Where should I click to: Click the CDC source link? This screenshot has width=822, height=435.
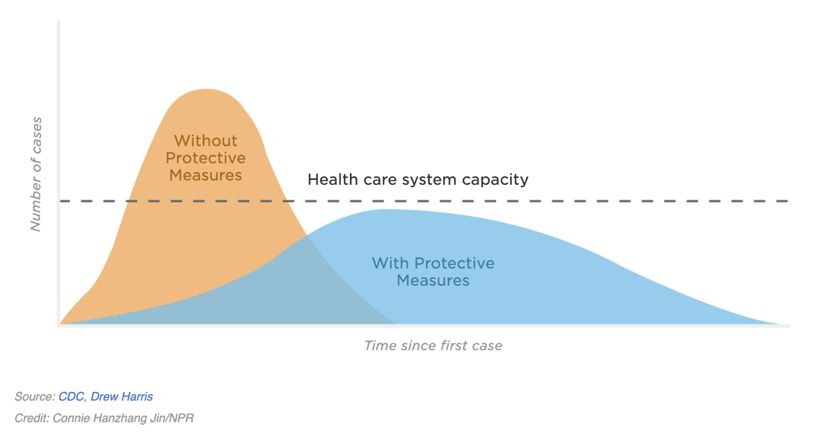tap(71, 397)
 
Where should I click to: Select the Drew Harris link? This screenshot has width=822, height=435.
tap(121, 397)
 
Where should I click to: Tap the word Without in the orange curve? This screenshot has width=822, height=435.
tap(205, 141)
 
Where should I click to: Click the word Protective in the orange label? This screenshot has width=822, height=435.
tap(205, 158)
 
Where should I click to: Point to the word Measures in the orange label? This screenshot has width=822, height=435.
tap(205, 175)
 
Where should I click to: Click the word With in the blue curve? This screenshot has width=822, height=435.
tap(390, 263)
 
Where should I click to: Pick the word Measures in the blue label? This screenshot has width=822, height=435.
tap(433, 281)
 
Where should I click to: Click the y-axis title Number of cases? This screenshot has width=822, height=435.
tap(36, 174)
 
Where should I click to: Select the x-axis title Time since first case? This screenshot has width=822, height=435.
tap(433, 346)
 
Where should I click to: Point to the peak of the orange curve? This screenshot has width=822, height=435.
tap(207, 89)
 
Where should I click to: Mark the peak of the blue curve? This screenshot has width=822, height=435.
tap(385, 209)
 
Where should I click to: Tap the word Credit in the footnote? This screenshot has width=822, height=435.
tap(32, 418)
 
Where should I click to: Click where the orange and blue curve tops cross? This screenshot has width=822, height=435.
tap(307, 236)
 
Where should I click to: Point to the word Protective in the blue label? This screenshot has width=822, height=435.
tap(454, 263)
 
